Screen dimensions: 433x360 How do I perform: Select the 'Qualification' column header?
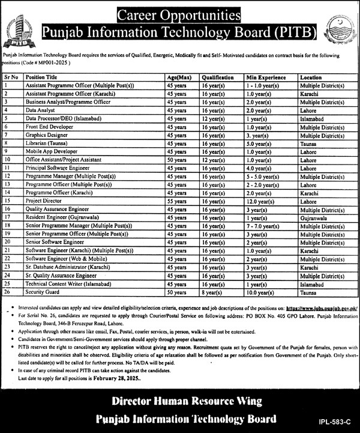217,78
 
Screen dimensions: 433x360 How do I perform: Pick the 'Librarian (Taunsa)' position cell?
66,145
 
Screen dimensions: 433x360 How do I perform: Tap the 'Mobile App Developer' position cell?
67,153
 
